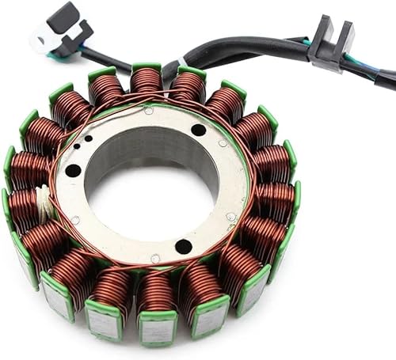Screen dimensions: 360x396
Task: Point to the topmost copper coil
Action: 147,83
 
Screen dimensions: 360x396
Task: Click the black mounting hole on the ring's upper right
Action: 198,130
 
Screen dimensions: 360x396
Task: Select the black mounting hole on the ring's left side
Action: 73,170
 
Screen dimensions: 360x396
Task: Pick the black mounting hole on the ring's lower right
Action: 184,246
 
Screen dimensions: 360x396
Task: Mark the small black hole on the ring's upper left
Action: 88,138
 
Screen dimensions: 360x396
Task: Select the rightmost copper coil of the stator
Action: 277,198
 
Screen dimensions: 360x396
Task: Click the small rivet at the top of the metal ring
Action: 148,110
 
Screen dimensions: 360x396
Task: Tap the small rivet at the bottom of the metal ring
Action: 155,258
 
